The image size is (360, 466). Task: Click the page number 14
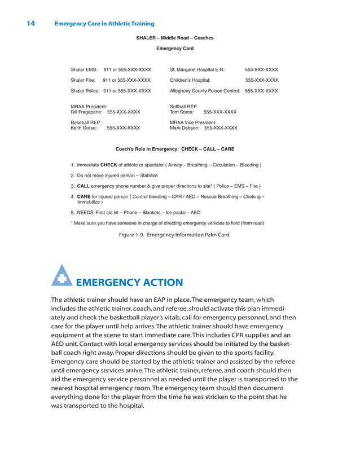[30, 24]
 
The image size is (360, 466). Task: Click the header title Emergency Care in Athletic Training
[104, 24]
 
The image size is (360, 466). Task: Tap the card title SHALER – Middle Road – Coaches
[175, 38]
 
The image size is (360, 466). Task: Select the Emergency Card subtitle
[175, 49]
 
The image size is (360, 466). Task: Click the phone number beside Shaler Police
[127, 91]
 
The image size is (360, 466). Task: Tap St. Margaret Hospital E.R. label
[197, 70]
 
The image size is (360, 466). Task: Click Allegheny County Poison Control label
[205, 91]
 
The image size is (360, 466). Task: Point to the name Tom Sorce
[182, 112]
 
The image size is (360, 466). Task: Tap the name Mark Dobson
[185, 128]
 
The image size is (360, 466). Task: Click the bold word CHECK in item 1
[108, 165]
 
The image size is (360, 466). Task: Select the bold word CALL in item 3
[84, 186]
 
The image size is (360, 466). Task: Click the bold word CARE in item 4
[84, 196]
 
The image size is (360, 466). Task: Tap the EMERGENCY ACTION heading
[129, 283]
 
